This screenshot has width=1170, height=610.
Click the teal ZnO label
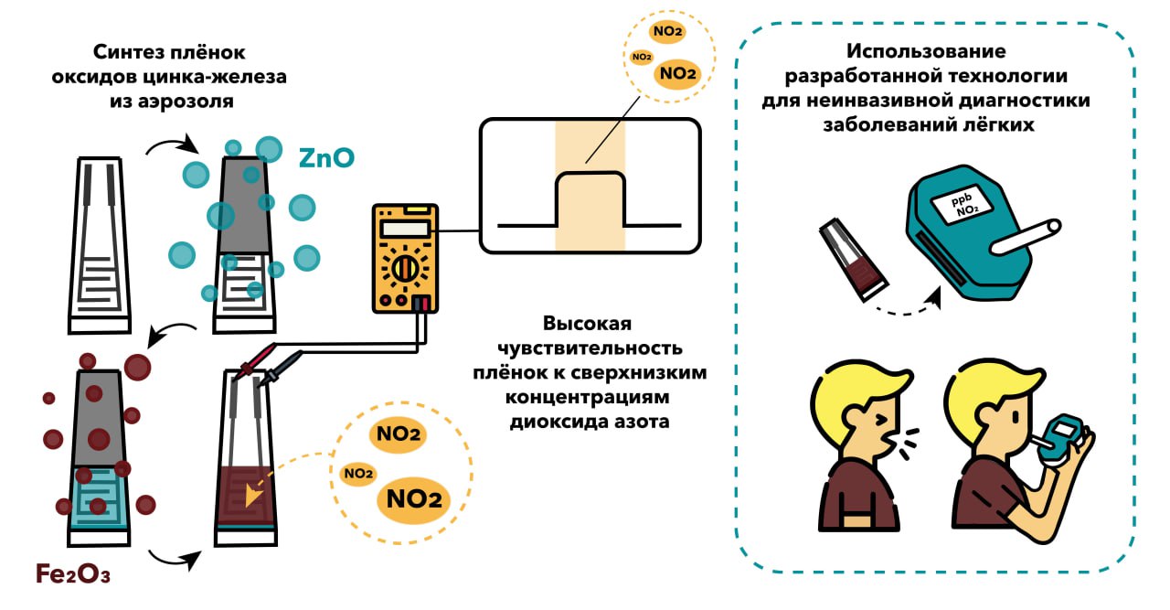coord(326,158)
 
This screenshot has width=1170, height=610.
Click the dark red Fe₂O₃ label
coord(73,574)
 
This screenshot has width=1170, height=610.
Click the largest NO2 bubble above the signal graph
coord(677,73)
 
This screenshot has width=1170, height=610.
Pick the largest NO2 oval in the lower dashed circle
coord(414,499)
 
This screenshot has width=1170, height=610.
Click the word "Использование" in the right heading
coord(926,50)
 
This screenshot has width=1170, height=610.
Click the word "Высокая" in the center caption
coord(588,325)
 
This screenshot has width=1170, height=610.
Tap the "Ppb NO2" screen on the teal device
coord(958,207)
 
